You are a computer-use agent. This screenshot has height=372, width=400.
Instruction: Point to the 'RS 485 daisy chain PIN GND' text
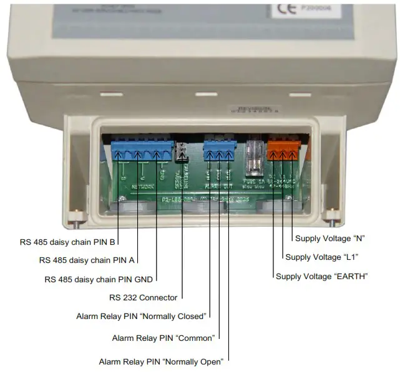coord(99,279)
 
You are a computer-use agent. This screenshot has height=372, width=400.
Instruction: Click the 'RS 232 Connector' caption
coord(143,298)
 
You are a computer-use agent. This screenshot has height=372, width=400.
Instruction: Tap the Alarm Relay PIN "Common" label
coord(163,338)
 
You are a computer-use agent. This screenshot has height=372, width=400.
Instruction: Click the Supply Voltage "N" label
coord(329,238)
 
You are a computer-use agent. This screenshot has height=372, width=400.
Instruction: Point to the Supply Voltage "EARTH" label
coord(321,276)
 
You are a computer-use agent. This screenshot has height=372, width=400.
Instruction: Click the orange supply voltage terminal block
coord(283,151)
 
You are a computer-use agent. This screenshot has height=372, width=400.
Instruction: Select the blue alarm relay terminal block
coord(219,151)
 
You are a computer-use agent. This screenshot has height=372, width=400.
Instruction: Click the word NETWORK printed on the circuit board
coord(145,186)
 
